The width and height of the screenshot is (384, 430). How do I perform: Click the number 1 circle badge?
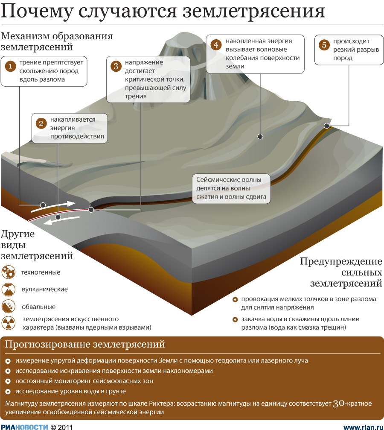pos(10,66)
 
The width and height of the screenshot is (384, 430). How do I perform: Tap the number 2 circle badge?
pos(41,123)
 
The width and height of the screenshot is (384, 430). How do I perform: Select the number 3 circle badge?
pos(116,66)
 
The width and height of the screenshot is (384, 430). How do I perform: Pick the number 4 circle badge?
pos(216,44)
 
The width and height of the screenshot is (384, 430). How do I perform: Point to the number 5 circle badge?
pos(324,45)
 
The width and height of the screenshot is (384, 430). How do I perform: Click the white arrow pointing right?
pos(53,207)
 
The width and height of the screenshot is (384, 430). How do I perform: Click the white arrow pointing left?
pos(61,220)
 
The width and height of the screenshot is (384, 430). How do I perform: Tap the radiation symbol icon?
pos(9,323)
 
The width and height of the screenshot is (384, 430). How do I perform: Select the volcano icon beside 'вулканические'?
pos(9,290)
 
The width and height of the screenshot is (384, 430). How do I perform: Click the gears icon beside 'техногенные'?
pos(9,272)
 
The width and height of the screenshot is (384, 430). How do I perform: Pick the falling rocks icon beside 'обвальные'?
pos(9,306)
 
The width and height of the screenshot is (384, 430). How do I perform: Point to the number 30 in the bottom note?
pos(339,404)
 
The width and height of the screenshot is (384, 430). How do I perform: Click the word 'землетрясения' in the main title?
pos(254,12)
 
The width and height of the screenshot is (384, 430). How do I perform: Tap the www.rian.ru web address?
pos(363,427)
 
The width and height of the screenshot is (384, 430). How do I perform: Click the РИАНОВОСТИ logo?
pos(25,427)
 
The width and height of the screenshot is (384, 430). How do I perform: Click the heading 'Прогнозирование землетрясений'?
pos(85,344)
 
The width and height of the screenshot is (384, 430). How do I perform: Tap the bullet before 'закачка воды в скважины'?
pos(235,319)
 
